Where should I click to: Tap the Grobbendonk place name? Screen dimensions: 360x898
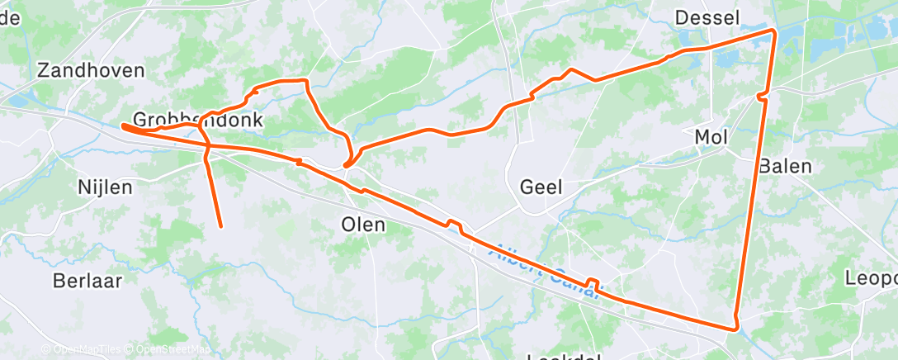[x=197, y=120]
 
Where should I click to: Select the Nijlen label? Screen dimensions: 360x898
[x=104, y=187]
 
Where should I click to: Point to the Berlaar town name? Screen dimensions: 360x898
[x=87, y=280]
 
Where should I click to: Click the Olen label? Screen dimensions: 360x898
[x=363, y=225]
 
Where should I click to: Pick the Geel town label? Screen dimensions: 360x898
[x=541, y=187]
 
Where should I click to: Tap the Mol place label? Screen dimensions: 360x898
[x=711, y=137]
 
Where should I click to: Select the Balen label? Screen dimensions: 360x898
[x=785, y=165]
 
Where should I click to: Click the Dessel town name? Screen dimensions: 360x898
[x=707, y=17]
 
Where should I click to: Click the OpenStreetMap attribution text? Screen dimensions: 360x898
[x=169, y=350]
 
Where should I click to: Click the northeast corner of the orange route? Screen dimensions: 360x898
[x=773, y=31]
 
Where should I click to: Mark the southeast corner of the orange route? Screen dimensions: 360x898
[x=736, y=329]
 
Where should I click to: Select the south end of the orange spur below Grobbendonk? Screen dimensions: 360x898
[x=221, y=225]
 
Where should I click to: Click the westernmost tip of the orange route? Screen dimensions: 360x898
[x=123, y=126]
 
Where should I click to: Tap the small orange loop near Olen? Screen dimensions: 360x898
[x=350, y=162]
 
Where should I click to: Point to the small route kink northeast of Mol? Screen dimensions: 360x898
[x=763, y=97]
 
